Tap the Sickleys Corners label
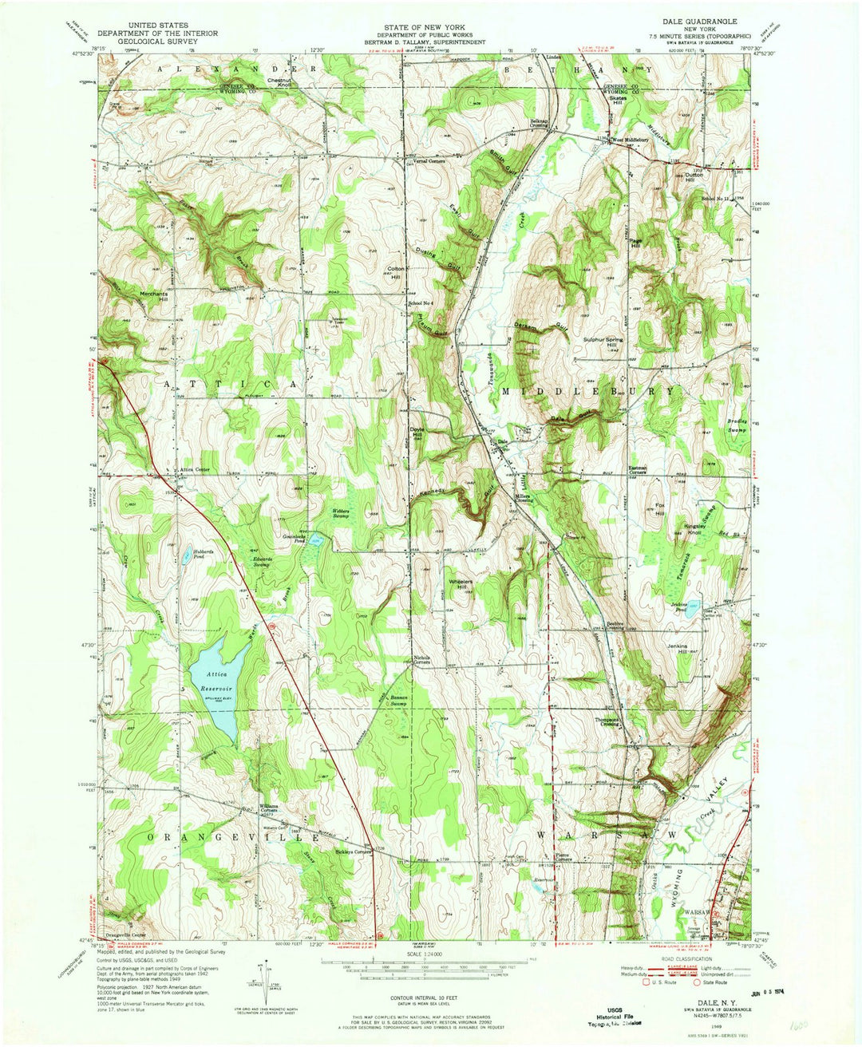[342, 851]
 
